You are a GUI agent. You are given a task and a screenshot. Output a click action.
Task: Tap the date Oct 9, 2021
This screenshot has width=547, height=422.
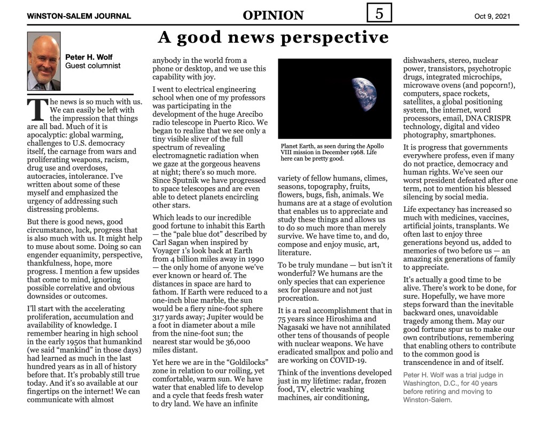coord(492,16)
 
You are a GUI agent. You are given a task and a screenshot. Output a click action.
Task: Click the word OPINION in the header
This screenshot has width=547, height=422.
coord(273,15)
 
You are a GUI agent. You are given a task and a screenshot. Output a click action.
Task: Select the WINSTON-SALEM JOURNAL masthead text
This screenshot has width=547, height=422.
coord(79,16)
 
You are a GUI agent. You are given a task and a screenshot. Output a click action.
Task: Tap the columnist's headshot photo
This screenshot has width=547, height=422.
coord(44,61)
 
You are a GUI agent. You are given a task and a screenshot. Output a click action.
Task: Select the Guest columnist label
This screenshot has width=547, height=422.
coord(93,66)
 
